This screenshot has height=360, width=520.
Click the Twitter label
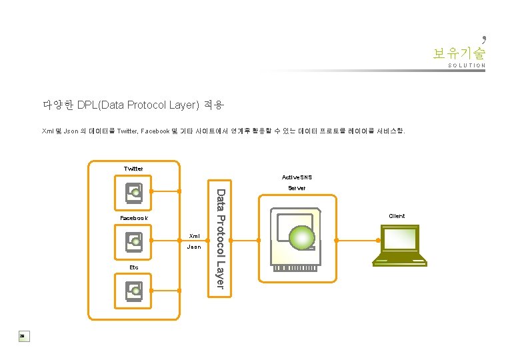tap(133, 169)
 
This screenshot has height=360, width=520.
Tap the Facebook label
tap(133, 218)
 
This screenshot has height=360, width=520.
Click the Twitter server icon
tap(134, 194)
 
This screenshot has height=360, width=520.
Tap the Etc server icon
tap(134, 290)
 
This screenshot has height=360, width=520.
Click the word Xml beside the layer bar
tap(194, 236)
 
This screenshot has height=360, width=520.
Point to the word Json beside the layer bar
tap(194, 247)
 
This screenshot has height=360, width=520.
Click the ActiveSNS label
tap(297, 177)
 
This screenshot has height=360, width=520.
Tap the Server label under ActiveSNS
tap(297, 189)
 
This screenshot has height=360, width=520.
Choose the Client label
tap(397, 216)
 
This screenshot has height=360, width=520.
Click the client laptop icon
tap(399, 245)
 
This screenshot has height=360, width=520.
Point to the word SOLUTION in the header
tap(467, 66)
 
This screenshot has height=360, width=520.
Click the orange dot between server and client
tap(337, 240)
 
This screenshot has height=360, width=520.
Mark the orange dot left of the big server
tap(258, 240)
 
